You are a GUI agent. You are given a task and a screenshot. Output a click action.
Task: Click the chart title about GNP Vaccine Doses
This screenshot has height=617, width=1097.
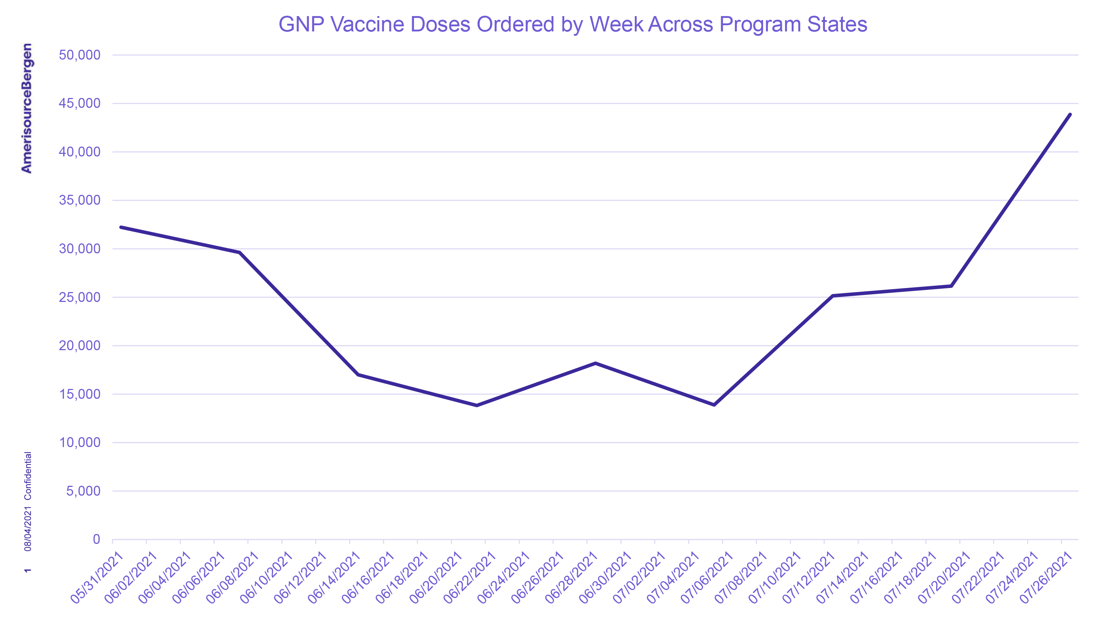click(572, 24)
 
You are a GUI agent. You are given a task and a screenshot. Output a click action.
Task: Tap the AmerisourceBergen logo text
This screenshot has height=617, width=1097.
click(26, 108)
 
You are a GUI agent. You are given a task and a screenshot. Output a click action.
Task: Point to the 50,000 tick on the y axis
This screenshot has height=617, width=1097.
click(80, 55)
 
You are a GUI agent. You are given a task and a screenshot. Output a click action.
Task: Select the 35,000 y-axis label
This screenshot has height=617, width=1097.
click(80, 200)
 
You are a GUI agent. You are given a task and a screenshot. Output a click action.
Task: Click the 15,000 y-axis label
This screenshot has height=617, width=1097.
click(80, 394)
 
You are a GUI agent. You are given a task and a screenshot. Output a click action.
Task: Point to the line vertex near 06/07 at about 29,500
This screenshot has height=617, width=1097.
click(240, 253)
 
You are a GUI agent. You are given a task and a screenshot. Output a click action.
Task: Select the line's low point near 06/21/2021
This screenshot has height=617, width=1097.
click(476, 405)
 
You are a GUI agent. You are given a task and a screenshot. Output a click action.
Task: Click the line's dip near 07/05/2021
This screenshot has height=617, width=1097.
click(714, 405)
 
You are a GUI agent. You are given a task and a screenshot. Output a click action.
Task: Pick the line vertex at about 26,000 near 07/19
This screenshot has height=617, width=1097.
click(951, 286)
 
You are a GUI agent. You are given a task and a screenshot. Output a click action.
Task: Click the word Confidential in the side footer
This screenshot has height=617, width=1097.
click(28, 476)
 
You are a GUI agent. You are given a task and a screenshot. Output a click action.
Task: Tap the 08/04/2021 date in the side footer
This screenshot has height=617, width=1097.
click(28, 529)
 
